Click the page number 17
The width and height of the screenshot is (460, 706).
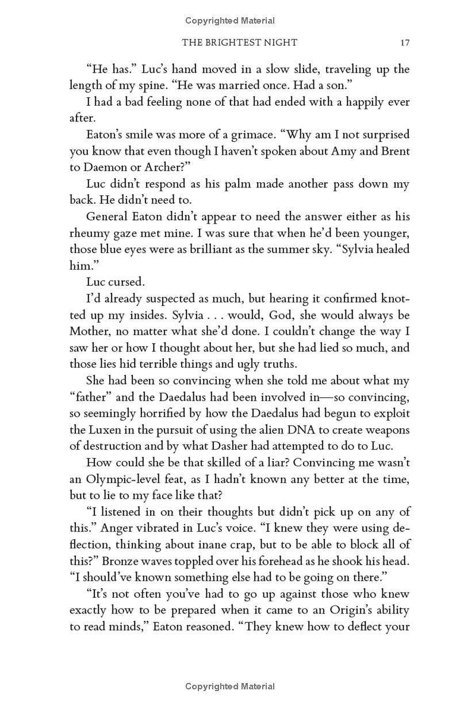click(x=404, y=43)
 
